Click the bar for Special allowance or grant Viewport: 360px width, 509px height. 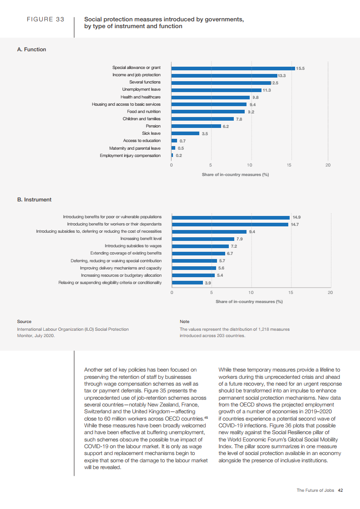[x=233, y=68]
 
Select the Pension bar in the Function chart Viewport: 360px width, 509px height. [x=196, y=126]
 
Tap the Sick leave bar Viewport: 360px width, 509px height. [x=185, y=133]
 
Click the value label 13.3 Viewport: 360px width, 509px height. [x=281, y=75]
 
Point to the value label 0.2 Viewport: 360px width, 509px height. [x=179, y=156]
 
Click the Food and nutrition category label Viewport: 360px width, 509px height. [x=143, y=112]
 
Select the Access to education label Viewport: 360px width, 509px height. [x=142, y=141]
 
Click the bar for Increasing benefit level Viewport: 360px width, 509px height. [x=203, y=239]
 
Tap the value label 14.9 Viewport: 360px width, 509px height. [x=296, y=217]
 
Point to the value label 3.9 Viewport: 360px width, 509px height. [x=208, y=283]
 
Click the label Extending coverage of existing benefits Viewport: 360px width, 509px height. [x=126, y=253]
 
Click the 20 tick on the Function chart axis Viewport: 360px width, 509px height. [x=328, y=165]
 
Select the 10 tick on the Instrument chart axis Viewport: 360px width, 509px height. [x=251, y=292]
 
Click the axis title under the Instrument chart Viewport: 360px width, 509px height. [x=249, y=301]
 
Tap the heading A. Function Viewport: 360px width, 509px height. [x=31, y=49]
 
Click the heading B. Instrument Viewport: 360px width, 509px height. [x=34, y=200]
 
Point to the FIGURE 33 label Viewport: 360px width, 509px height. [x=46, y=20]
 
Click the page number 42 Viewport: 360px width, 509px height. [x=340, y=490]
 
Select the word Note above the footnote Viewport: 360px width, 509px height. [x=184, y=322]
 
